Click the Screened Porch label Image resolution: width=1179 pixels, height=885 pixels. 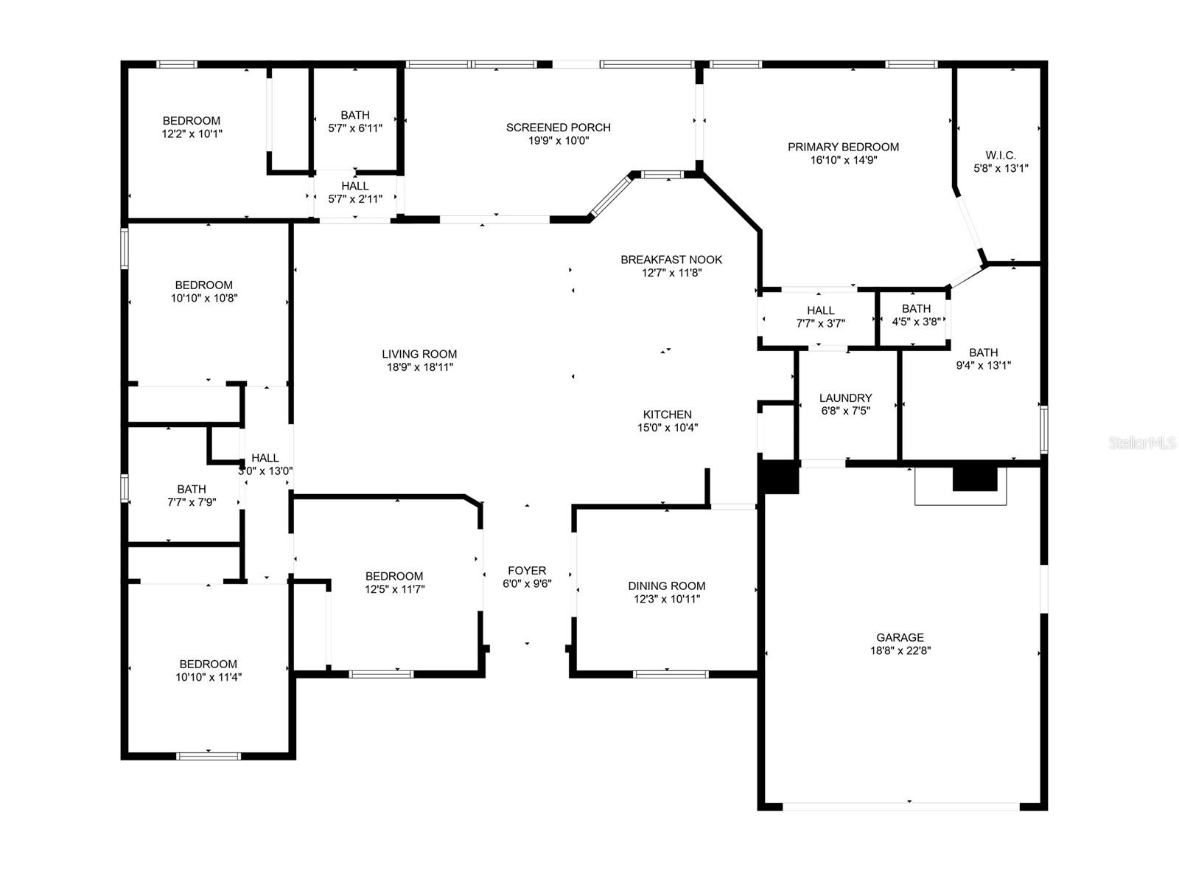(x=558, y=128)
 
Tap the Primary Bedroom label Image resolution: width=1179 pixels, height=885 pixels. (x=843, y=147)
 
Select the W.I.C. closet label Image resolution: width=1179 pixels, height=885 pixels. (x=1001, y=156)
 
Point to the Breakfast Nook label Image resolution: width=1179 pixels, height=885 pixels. (x=671, y=260)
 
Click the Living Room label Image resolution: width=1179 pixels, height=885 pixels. (x=419, y=354)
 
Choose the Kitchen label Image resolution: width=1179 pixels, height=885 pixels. (x=667, y=414)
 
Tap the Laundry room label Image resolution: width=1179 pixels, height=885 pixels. (x=845, y=398)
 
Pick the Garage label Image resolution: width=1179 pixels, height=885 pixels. (x=900, y=637)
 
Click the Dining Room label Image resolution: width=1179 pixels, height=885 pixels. (x=667, y=586)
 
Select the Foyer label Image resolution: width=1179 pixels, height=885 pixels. (x=527, y=571)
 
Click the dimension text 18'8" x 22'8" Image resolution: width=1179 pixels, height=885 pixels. (x=900, y=650)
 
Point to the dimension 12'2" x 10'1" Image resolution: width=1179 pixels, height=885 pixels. (x=192, y=133)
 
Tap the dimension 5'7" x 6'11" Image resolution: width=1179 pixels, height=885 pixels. (x=355, y=128)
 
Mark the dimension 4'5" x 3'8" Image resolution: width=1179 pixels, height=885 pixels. (x=917, y=322)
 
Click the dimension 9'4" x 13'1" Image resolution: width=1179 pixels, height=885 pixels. (x=984, y=366)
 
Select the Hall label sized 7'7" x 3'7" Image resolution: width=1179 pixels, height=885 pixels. (x=820, y=310)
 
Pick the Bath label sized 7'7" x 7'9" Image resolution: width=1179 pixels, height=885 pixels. (x=191, y=489)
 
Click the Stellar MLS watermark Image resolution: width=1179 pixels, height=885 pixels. (x=1142, y=442)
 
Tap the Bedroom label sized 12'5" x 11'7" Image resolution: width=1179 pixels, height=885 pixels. (x=394, y=576)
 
